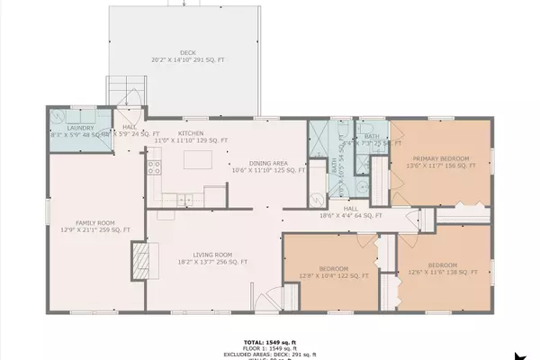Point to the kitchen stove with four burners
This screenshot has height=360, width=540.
(x=154, y=167)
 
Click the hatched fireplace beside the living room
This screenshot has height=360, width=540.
(x=139, y=263)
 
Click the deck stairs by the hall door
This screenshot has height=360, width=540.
(x=127, y=91)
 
